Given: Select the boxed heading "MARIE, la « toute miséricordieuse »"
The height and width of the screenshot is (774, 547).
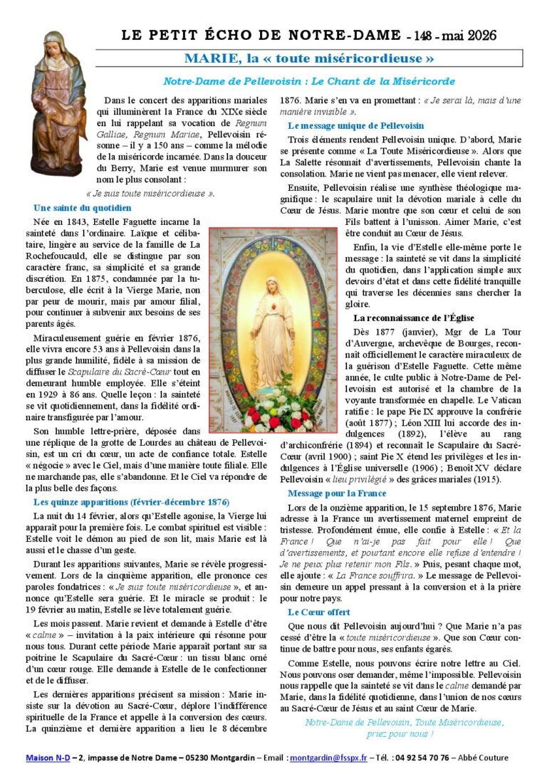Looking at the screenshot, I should click(308, 58).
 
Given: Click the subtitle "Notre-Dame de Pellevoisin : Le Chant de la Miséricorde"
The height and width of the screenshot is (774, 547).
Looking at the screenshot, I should click(308, 81).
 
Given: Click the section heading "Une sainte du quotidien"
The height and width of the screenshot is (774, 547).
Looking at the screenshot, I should click(82, 208).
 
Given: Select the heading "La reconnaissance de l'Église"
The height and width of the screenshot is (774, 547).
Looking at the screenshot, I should click(414, 318).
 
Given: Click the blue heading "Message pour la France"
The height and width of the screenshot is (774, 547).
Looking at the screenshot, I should click(337, 493).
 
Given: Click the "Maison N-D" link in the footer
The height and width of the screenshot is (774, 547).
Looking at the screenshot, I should click(48, 758).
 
